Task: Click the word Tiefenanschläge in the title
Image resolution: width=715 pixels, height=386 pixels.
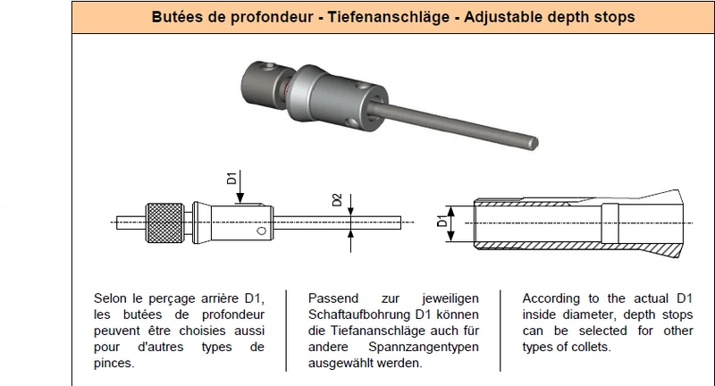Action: point(389,17)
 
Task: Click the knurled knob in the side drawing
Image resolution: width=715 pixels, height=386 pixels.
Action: point(165,222)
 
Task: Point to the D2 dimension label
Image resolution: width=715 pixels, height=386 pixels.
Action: point(337,200)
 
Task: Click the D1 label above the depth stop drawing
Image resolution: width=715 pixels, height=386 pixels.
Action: point(231,178)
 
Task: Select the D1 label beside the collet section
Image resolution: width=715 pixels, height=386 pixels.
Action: point(442,221)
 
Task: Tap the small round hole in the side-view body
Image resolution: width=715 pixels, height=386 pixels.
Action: point(261,231)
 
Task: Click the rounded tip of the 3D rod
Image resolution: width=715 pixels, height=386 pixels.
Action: point(534,143)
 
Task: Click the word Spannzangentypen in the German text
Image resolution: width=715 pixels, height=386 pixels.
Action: point(424,347)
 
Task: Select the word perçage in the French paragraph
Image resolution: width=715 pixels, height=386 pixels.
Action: point(171,299)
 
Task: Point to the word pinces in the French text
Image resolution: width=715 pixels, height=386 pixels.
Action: point(114,363)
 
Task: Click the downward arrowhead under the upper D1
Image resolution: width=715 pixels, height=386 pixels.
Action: point(240,197)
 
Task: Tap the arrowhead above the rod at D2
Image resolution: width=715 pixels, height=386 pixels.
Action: point(350,211)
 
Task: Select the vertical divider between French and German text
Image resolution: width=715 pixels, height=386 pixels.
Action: point(286,331)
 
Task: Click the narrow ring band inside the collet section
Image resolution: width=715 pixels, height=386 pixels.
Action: point(610,223)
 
